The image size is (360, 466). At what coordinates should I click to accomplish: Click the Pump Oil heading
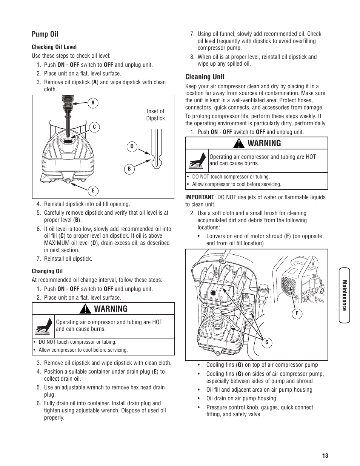45,34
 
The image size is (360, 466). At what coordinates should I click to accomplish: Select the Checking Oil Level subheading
54,47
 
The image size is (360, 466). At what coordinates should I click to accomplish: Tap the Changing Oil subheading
47,271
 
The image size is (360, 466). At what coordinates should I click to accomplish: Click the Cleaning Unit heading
205,77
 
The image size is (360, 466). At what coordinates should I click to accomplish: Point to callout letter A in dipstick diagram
92,103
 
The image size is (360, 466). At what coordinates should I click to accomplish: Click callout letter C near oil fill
94,128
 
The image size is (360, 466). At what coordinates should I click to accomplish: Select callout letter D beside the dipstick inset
132,146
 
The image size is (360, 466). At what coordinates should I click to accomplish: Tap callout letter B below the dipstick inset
129,169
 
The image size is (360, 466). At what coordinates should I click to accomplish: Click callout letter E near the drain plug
93,191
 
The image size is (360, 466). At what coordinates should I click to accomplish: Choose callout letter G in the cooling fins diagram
267,343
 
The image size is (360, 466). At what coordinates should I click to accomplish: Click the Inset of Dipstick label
155,115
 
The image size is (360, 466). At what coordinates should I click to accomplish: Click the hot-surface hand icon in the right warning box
197,161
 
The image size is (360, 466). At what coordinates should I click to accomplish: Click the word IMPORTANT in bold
200,197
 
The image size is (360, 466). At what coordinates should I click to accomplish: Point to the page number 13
325,455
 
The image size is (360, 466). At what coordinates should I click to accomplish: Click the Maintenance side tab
344,295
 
